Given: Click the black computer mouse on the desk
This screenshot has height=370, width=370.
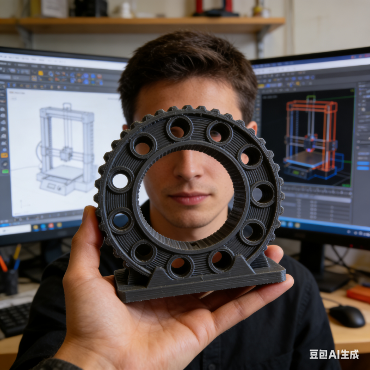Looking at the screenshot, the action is [x=347, y=316].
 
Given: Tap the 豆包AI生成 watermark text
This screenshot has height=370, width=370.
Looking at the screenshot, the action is [x=334, y=354].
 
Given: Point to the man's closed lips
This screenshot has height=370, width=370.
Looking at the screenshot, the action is [x=189, y=198].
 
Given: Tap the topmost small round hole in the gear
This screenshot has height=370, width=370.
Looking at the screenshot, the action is [x=180, y=128].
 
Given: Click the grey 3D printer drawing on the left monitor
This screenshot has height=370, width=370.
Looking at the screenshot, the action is [x=66, y=149].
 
